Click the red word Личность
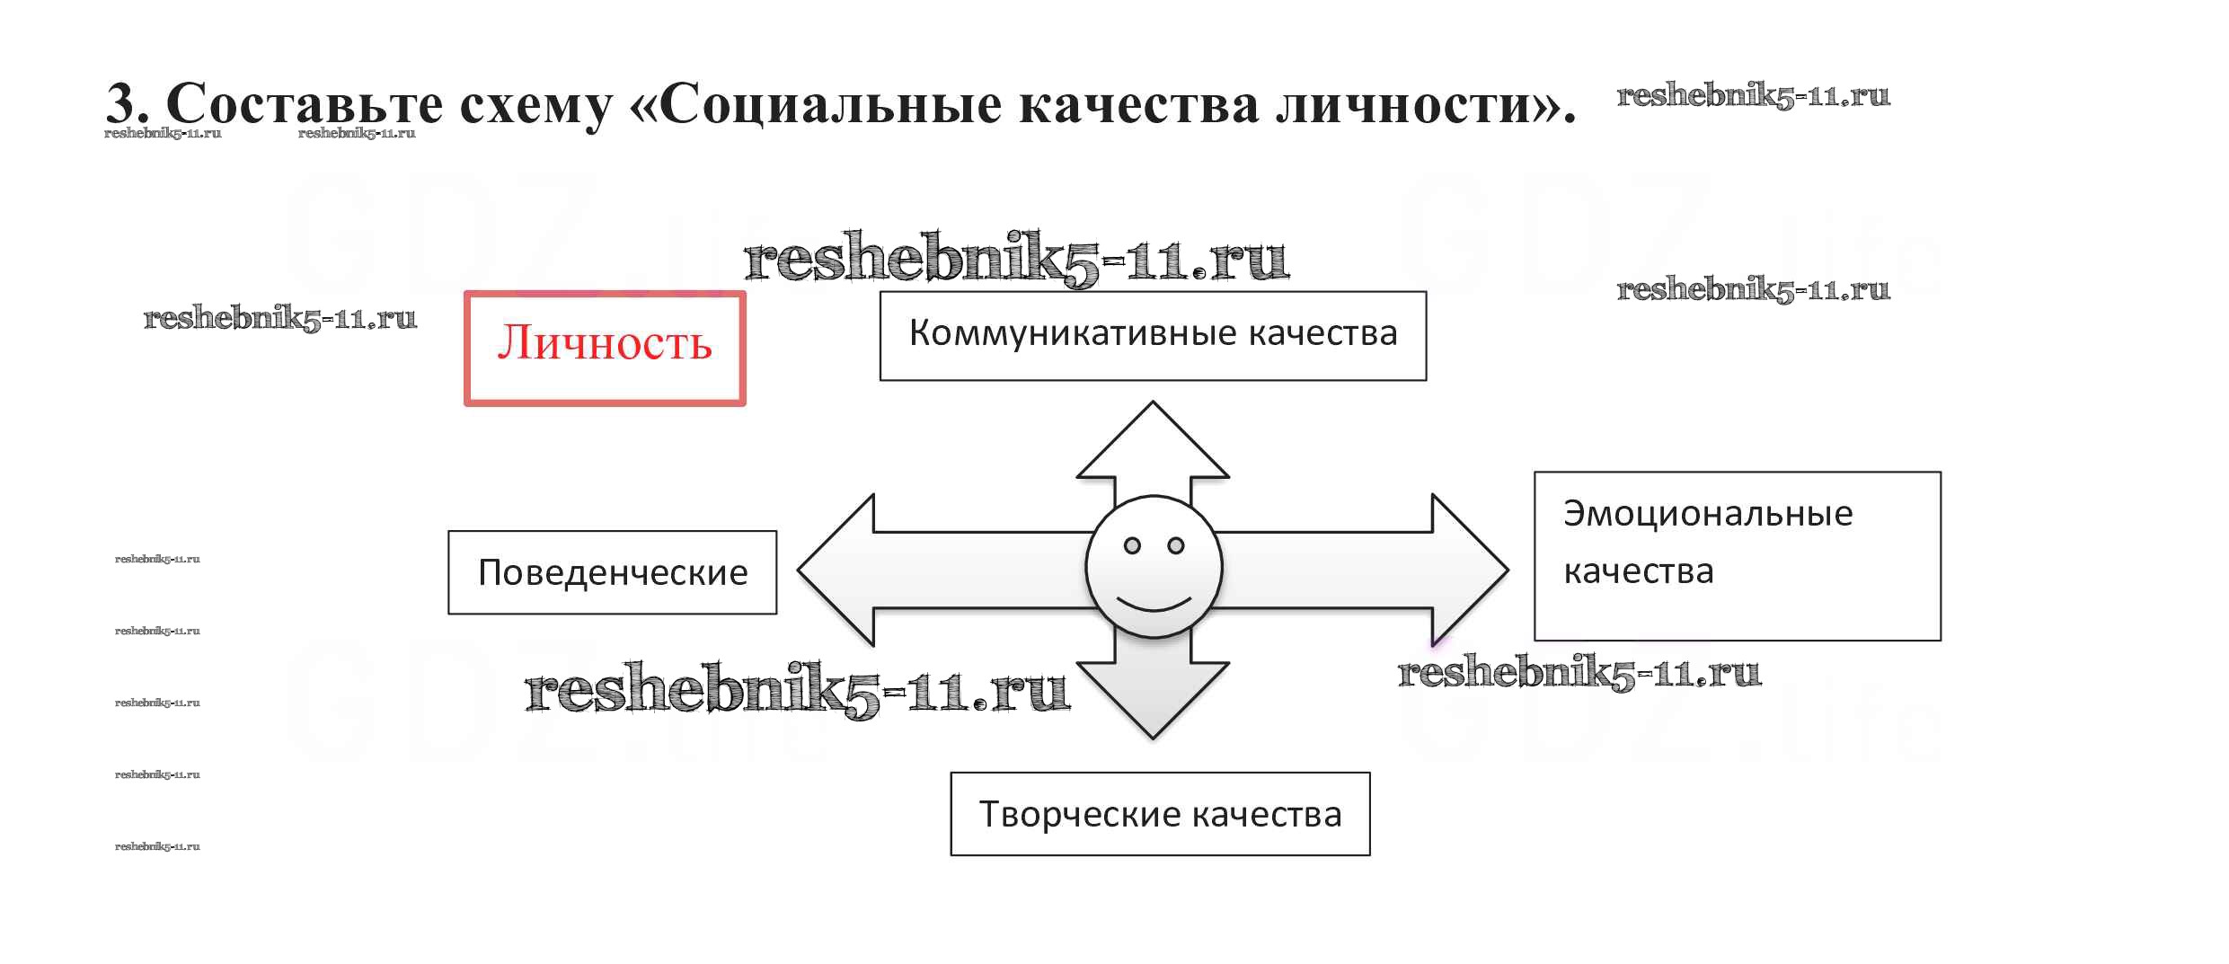coord(605,345)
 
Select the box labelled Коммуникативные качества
coord(1153,335)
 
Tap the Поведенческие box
coord(612,572)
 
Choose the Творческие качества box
coord(1160,814)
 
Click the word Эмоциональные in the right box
coord(1707,514)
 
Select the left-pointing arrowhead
coord(836,570)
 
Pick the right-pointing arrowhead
coord(1469,570)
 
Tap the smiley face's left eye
coord(1132,545)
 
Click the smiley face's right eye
coord(1175,545)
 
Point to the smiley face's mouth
coord(1154,603)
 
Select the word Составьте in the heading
coord(305,104)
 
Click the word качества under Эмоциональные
coord(1638,571)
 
